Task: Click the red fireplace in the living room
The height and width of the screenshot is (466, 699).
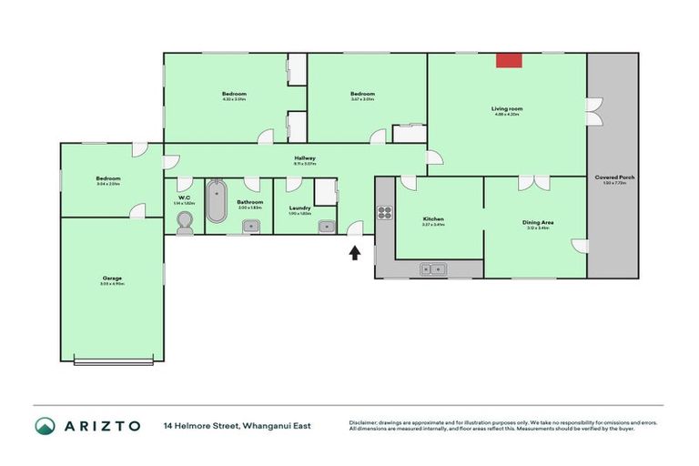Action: (x=509, y=60)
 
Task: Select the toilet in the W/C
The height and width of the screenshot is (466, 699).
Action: (x=185, y=222)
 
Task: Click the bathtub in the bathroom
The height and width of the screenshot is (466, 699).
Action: (x=217, y=201)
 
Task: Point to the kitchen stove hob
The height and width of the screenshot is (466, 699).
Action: (x=384, y=215)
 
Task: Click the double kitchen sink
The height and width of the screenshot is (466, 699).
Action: (x=431, y=268)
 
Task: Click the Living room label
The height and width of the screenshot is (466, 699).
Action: (x=507, y=108)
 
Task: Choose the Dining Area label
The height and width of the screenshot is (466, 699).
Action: (x=538, y=222)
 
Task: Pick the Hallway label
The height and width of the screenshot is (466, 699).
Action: (x=304, y=158)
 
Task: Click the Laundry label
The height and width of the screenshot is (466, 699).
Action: (x=300, y=208)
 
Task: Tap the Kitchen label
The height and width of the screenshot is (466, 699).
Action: (x=433, y=219)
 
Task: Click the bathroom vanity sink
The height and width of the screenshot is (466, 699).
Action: (x=249, y=227)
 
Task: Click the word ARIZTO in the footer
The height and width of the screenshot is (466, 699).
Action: (x=102, y=426)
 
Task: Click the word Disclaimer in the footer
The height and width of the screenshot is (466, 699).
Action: (x=365, y=422)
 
